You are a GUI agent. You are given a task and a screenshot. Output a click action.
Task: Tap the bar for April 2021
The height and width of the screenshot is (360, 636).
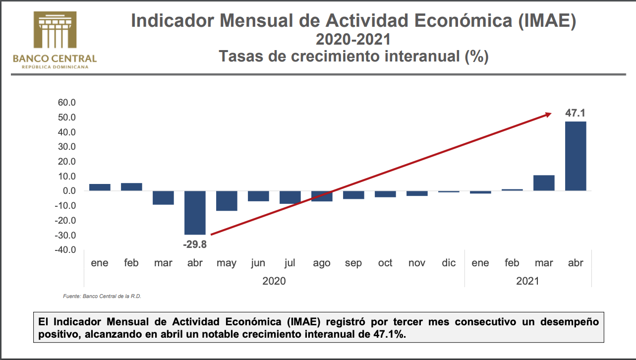(x=576, y=156)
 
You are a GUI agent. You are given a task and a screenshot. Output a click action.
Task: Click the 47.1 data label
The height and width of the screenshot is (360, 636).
(x=576, y=113)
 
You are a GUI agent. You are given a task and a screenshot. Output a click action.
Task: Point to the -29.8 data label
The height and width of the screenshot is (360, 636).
(x=194, y=243)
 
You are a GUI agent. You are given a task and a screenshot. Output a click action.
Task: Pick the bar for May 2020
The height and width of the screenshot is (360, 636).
(x=227, y=200)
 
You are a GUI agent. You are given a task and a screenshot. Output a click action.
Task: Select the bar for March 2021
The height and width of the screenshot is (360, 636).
(x=544, y=183)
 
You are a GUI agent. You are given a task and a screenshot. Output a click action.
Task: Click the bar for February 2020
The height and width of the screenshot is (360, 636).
(x=131, y=187)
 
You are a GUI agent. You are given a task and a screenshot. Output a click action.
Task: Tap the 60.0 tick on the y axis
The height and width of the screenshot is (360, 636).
(x=66, y=103)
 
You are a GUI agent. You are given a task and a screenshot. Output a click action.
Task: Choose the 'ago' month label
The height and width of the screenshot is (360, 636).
(x=322, y=263)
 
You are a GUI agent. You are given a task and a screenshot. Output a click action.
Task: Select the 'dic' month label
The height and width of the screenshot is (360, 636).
(x=449, y=263)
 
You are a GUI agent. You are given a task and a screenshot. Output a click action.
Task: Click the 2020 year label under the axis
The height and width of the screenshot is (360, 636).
(x=274, y=281)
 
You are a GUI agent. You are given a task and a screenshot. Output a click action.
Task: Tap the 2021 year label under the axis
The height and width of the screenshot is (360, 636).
(x=527, y=281)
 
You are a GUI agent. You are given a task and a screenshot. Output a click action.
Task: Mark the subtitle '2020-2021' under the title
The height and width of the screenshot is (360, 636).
(x=353, y=39)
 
